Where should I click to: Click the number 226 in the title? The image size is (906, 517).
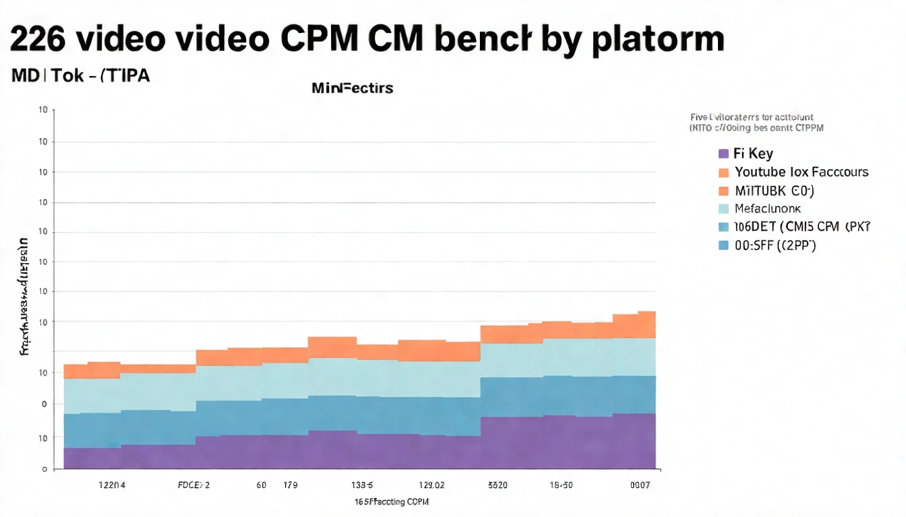[x=38, y=40]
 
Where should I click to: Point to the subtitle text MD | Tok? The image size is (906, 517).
[x=47, y=75]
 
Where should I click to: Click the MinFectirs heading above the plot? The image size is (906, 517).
[x=353, y=88]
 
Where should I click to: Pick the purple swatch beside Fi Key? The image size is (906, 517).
[x=724, y=153]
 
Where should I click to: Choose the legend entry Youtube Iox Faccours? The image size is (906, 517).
[x=802, y=172]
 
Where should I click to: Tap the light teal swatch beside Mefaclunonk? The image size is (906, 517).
[x=724, y=209]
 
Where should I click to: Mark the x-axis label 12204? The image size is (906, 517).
[x=112, y=485]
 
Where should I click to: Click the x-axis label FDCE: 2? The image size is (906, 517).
[x=193, y=485]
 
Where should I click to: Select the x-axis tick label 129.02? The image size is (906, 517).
[x=431, y=485]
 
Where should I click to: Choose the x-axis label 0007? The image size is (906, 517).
[x=640, y=485]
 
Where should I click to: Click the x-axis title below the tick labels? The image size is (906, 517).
[x=392, y=502]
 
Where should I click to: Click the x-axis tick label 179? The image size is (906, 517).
[x=291, y=485]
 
